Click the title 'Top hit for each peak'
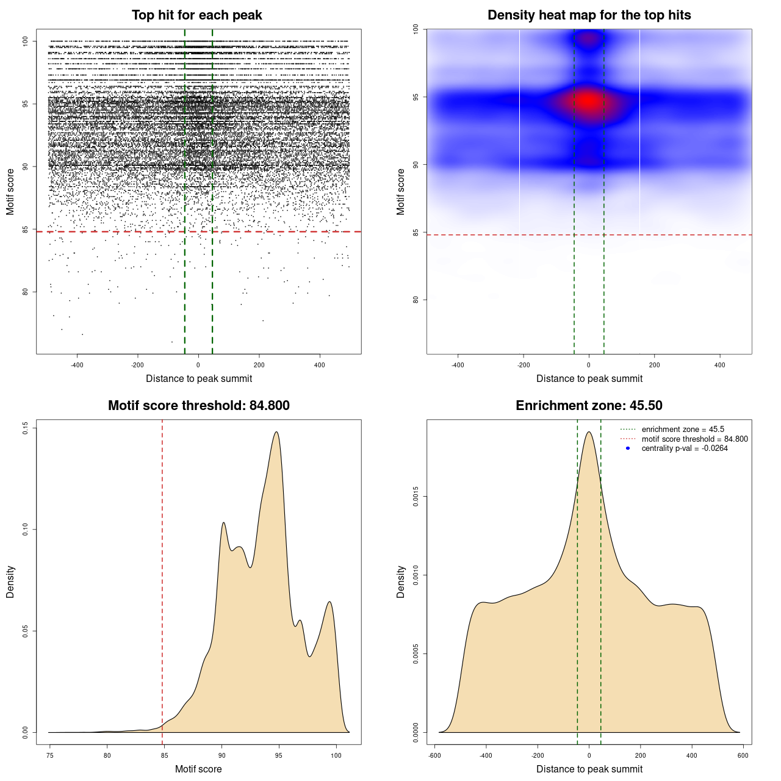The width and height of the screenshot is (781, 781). coord(196,15)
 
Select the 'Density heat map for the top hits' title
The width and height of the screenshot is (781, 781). coord(589,15)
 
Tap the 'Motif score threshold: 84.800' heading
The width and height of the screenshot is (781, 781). coord(198,406)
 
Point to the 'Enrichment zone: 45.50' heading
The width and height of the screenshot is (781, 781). coord(589,406)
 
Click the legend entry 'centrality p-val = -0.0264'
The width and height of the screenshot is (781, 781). coord(685,448)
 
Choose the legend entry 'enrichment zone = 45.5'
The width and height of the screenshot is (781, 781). coord(683,430)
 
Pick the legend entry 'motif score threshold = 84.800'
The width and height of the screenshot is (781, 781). coord(694,439)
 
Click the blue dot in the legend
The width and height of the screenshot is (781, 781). coord(628,448)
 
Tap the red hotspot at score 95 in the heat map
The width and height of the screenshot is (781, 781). coord(588,101)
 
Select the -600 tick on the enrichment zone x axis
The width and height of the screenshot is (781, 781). coord(434,755)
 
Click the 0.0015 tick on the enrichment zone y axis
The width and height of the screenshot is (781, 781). coord(416,497)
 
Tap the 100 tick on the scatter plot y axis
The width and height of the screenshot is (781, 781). coord(26,41)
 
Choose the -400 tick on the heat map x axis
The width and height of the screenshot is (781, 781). coord(458,365)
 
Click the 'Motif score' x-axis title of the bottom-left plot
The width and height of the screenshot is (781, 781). coord(198,769)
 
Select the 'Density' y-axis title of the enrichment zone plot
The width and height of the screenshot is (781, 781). coord(401,581)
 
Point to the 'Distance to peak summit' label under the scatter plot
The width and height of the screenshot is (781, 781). coord(199,378)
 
